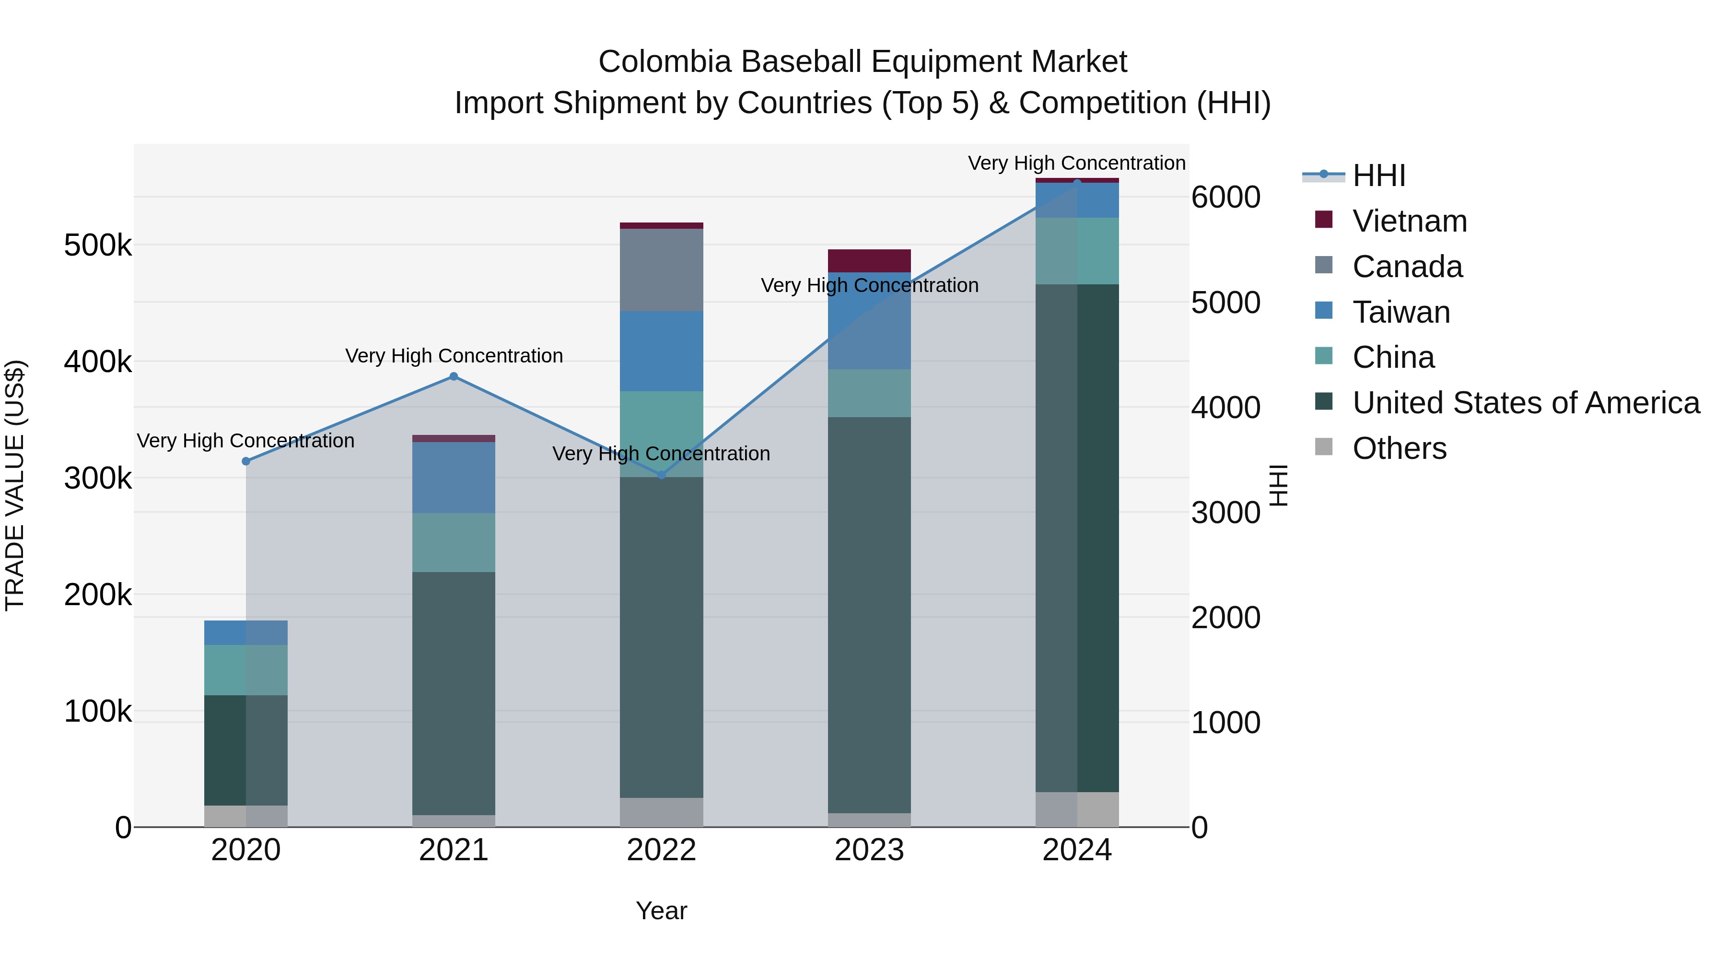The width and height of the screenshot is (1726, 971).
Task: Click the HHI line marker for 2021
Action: click(x=454, y=376)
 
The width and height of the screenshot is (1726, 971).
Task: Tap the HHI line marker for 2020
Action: click(x=246, y=461)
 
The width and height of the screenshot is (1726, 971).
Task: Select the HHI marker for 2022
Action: click(x=661, y=475)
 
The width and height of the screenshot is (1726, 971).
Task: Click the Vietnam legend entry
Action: click(x=1409, y=221)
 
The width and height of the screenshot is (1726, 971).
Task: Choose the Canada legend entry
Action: click(x=1407, y=267)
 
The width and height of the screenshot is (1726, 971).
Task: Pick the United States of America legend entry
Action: click(x=1526, y=403)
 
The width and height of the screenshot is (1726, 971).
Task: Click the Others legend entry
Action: click(x=1399, y=448)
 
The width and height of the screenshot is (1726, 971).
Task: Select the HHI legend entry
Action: click(x=1378, y=175)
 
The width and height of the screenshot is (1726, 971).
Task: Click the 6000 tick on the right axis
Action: click(x=1225, y=197)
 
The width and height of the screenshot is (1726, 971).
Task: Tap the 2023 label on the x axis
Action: click(x=869, y=850)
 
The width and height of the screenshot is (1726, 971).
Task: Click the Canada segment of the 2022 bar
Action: click(x=661, y=269)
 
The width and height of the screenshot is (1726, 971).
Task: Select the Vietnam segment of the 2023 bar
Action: click(x=869, y=261)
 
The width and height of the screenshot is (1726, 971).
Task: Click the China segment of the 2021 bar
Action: click(x=454, y=542)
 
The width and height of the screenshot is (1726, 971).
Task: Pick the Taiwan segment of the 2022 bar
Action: click(x=661, y=351)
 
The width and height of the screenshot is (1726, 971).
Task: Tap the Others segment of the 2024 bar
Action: click(x=1077, y=809)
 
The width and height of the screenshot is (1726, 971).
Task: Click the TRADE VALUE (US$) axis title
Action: click(x=15, y=485)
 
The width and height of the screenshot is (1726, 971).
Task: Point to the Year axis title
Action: click(x=661, y=911)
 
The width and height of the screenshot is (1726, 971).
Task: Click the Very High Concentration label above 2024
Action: click(x=1077, y=163)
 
